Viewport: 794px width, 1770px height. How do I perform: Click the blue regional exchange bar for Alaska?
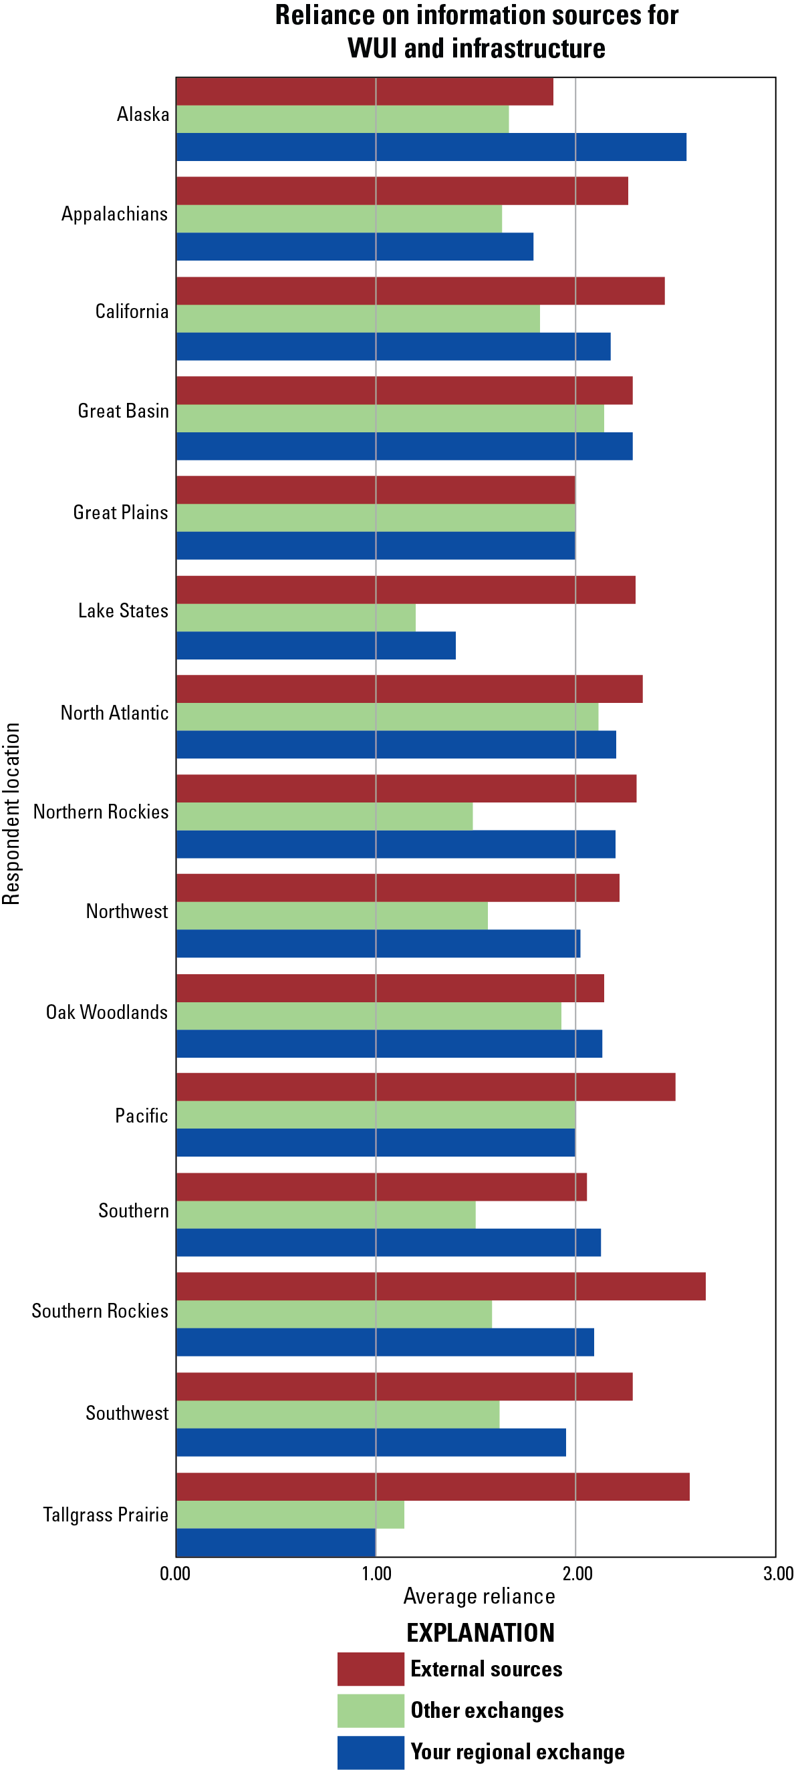click(x=431, y=147)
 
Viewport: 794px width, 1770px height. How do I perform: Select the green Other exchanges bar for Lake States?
click(x=295, y=617)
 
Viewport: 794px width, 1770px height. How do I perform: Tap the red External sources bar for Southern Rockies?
click(x=440, y=1286)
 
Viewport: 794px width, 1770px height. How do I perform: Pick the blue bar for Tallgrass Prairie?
click(x=275, y=1543)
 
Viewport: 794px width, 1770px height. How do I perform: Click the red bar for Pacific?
click(x=426, y=1087)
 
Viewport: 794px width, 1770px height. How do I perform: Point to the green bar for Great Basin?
click(x=390, y=418)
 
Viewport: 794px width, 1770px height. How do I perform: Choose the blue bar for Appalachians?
click(x=355, y=247)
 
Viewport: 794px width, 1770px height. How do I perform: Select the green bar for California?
click(x=358, y=319)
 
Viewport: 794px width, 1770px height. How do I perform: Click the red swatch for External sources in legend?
click(x=370, y=1669)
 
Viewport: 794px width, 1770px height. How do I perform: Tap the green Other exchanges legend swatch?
click(x=370, y=1711)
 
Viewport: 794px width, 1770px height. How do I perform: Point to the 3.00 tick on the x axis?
click(x=778, y=1573)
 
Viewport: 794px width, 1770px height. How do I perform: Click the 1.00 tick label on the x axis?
click(x=376, y=1573)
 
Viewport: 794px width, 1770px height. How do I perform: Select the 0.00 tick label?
click(x=175, y=1573)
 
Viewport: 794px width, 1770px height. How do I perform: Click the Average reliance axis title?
click(x=479, y=1596)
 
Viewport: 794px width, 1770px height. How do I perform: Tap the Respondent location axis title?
click(x=11, y=814)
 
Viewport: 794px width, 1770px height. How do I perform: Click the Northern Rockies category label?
click(x=101, y=812)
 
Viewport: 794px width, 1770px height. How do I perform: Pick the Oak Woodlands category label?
click(x=106, y=1012)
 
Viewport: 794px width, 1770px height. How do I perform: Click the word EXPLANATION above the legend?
click(x=480, y=1632)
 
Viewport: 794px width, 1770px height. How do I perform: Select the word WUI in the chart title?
click(x=371, y=49)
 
